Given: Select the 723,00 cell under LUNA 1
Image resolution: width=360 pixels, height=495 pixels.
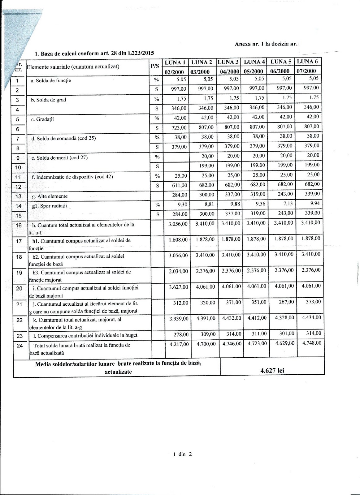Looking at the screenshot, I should point(179,127).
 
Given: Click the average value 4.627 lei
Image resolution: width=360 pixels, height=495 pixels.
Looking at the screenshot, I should point(272,370).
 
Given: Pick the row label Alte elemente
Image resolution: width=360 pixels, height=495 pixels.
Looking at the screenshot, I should point(52,196).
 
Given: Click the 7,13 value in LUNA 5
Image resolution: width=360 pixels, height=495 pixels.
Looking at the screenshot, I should point(286,204).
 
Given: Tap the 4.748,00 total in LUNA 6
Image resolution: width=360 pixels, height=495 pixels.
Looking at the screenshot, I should point(311,343).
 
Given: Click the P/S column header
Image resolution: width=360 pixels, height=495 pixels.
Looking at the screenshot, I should point(155,66).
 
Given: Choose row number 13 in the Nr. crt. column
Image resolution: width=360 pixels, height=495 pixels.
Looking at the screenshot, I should point(18,196).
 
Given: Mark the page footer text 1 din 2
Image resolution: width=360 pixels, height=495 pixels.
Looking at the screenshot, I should point(183,454).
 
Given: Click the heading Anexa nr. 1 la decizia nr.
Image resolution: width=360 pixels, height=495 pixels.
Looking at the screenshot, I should point(266,44).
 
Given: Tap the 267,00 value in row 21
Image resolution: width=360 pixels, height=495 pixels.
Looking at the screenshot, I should point(286,302).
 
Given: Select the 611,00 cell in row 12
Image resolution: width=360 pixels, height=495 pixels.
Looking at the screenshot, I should point(179,185).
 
